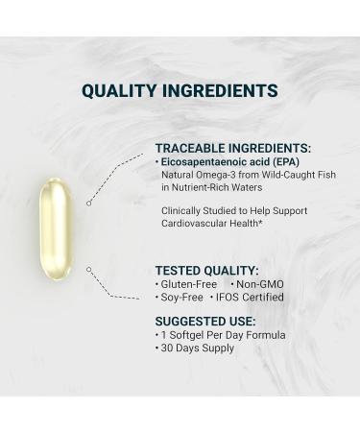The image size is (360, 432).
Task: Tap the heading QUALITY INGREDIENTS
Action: coord(180,92)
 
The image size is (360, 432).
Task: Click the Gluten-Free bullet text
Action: coord(187,285)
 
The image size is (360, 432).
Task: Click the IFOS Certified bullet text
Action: coord(252,299)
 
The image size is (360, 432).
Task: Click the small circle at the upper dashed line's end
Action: coord(88,203)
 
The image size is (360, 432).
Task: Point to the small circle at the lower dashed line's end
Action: coord(88,270)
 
